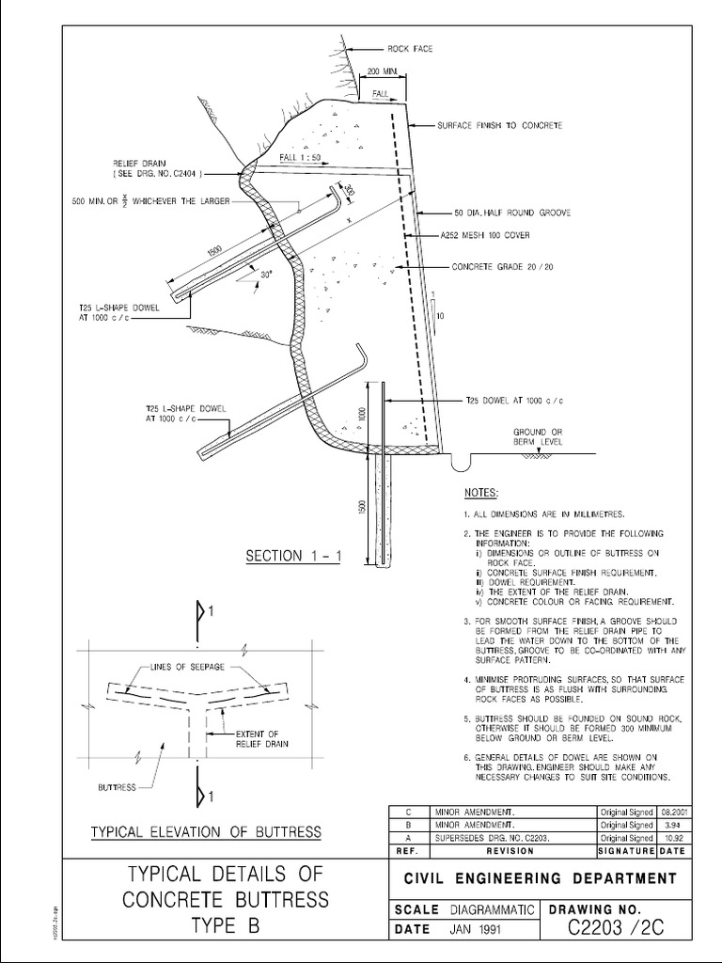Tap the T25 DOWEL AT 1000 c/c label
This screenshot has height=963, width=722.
tap(514, 400)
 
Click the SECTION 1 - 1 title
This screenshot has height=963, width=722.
tap(290, 556)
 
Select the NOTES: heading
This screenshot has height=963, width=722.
tap(482, 493)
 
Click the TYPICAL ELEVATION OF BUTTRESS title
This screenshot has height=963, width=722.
tap(206, 832)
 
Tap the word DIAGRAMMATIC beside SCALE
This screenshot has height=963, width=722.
tap(492, 909)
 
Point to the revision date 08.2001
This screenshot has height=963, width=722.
tap(674, 810)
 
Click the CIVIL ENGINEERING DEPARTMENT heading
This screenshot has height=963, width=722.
tap(540, 878)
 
